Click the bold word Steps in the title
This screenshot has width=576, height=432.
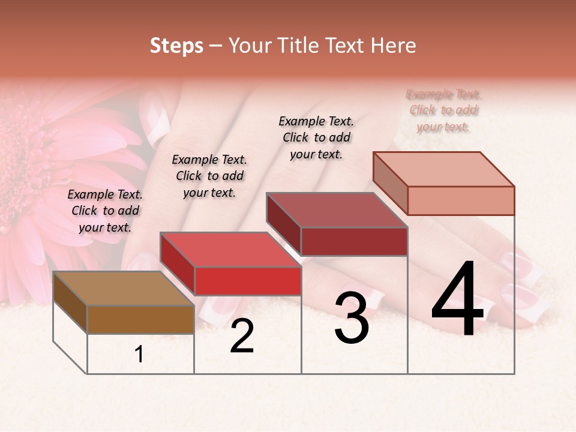pyautogui.click(x=176, y=46)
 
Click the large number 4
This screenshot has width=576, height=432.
pyautogui.click(x=457, y=300)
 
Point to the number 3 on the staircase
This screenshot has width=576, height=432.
pyautogui.click(x=352, y=318)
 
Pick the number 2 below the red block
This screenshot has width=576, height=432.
pyautogui.click(x=242, y=337)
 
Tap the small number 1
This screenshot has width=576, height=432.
pyautogui.click(x=139, y=355)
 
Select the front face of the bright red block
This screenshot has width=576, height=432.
pyautogui.click(x=248, y=281)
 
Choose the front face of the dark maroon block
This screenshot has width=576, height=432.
pyautogui.click(x=354, y=241)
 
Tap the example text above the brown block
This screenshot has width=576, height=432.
pyautogui.click(x=105, y=211)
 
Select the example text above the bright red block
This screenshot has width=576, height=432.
pyautogui.click(x=209, y=176)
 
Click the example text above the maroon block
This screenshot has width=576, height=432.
pyautogui.click(x=316, y=137)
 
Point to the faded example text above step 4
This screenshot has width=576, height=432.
pyautogui.click(x=443, y=110)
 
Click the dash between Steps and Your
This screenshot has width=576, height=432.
pyautogui.click(x=216, y=46)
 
